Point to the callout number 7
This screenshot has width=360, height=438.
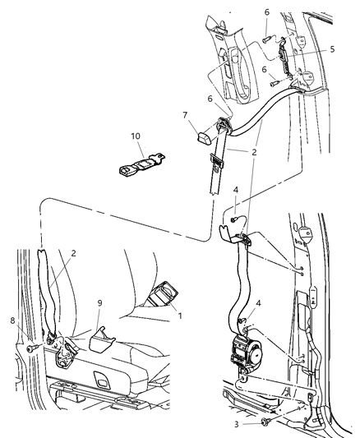pyautogui.click(x=185, y=118)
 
